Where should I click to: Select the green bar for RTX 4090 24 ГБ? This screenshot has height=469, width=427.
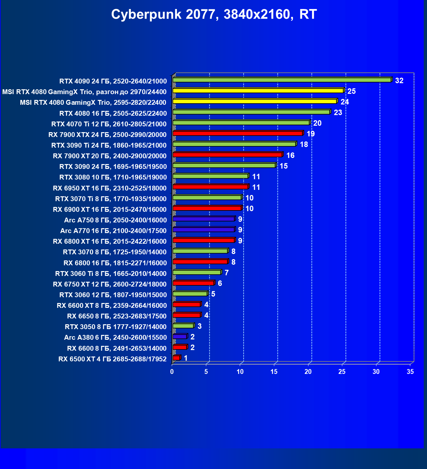click(x=282, y=80)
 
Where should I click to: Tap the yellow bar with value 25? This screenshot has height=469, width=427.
click(x=258, y=91)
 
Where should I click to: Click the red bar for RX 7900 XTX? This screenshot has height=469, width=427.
click(x=238, y=133)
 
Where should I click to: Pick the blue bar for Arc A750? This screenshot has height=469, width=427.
click(x=203, y=219)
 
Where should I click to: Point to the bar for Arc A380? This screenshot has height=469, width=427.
click(x=180, y=337)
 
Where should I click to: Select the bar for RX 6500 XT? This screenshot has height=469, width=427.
click(x=176, y=358)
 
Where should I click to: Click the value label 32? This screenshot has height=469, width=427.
click(x=399, y=81)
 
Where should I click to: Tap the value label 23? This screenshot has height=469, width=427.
click(x=338, y=112)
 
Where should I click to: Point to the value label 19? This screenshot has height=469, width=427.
click(x=310, y=134)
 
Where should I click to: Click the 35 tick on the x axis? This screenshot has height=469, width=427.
click(x=410, y=372)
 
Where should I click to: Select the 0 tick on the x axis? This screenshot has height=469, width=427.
click(x=172, y=372)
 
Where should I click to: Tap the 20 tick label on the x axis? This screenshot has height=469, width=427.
click(x=308, y=372)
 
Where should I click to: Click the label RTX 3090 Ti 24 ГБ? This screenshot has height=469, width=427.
click(x=109, y=145)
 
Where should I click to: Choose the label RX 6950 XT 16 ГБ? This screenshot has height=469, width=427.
click(x=110, y=188)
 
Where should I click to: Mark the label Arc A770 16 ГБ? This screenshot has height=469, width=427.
click(x=113, y=231)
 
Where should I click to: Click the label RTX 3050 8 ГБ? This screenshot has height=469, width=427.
click(x=115, y=327)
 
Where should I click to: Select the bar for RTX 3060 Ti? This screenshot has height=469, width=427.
click(x=197, y=272)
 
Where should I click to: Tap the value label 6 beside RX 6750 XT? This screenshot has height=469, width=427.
click(x=220, y=283)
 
